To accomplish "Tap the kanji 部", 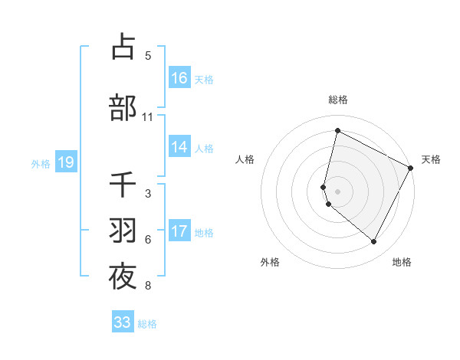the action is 123,108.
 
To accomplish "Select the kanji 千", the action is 123,185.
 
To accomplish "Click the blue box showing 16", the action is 179,77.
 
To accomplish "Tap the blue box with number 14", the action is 179,147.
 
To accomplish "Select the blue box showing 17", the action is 179,231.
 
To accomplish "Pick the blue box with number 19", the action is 65,162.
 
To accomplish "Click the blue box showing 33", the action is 123,322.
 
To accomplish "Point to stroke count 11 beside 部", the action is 147,117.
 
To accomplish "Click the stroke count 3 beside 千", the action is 147,194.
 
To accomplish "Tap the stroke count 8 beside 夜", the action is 147,286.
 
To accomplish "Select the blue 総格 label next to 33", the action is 147,324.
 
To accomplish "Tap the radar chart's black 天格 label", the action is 431,159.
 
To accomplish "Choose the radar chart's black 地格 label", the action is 402,262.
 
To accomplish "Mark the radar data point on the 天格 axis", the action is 411,168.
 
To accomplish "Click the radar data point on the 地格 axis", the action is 374,242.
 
